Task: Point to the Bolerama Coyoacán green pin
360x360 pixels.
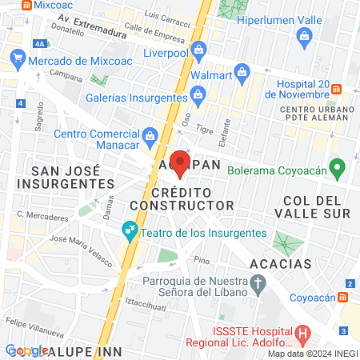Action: (x=338, y=169)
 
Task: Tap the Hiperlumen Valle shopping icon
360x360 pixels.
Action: (x=305, y=36)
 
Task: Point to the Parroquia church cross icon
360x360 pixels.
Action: (x=258, y=282)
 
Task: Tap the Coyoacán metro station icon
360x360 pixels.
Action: (x=343, y=296)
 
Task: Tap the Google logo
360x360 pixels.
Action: (x=26, y=350)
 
